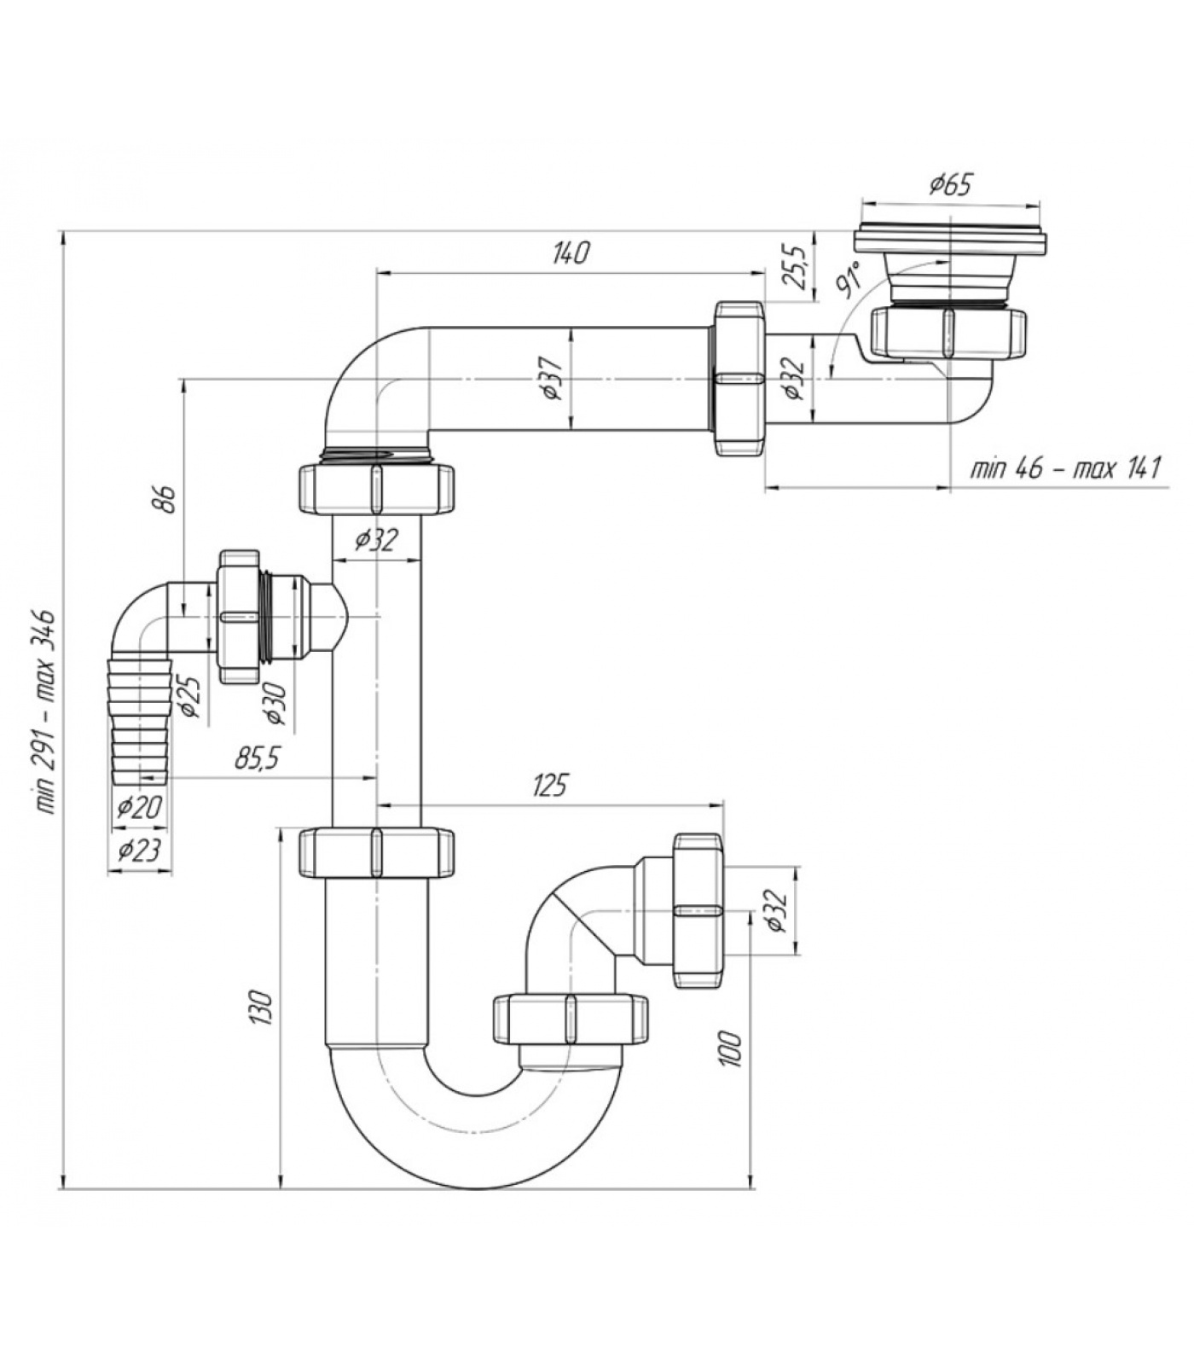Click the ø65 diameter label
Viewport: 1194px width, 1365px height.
tap(951, 184)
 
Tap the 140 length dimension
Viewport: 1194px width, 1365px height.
tap(571, 253)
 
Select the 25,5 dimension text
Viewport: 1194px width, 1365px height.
tap(796, 267)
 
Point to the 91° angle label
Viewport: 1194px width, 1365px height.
tap(849, 280)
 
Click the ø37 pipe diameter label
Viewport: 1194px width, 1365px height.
tap(552, 376)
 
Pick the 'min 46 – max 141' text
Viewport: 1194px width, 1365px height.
tap(1066, 468)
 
